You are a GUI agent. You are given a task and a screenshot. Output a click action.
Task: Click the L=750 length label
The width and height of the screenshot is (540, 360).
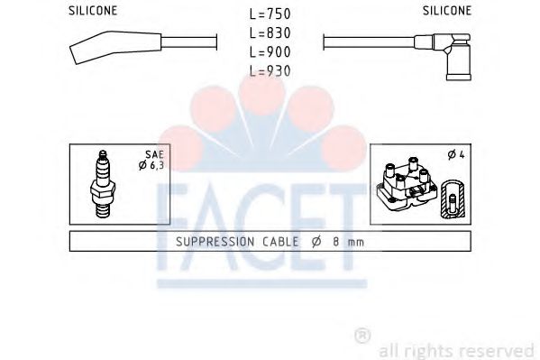pos(270,15)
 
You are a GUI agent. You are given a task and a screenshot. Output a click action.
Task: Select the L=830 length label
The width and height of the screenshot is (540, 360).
pos(270,33)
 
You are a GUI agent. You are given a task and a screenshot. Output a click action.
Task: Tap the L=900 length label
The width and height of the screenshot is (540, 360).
pos(270,51)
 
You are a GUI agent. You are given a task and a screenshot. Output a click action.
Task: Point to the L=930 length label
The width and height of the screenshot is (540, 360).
pos(270,70)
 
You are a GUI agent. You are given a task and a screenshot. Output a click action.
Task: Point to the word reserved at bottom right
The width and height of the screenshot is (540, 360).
pos(499,349)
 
